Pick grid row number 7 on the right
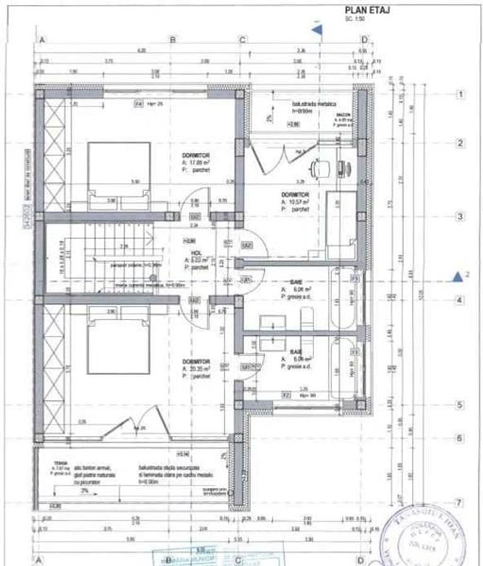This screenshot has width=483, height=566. [x=460, y=502]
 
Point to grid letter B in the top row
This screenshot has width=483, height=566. [x=172, y=40]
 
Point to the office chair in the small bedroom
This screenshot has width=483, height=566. [x=319, y=168]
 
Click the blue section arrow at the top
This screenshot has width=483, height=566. [x=317, y=28]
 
